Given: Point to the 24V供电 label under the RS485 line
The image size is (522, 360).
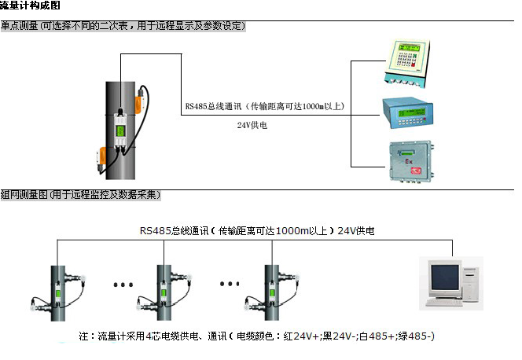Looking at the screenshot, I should (x=252, y=125).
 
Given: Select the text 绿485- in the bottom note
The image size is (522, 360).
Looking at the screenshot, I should (x=417, y=336).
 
